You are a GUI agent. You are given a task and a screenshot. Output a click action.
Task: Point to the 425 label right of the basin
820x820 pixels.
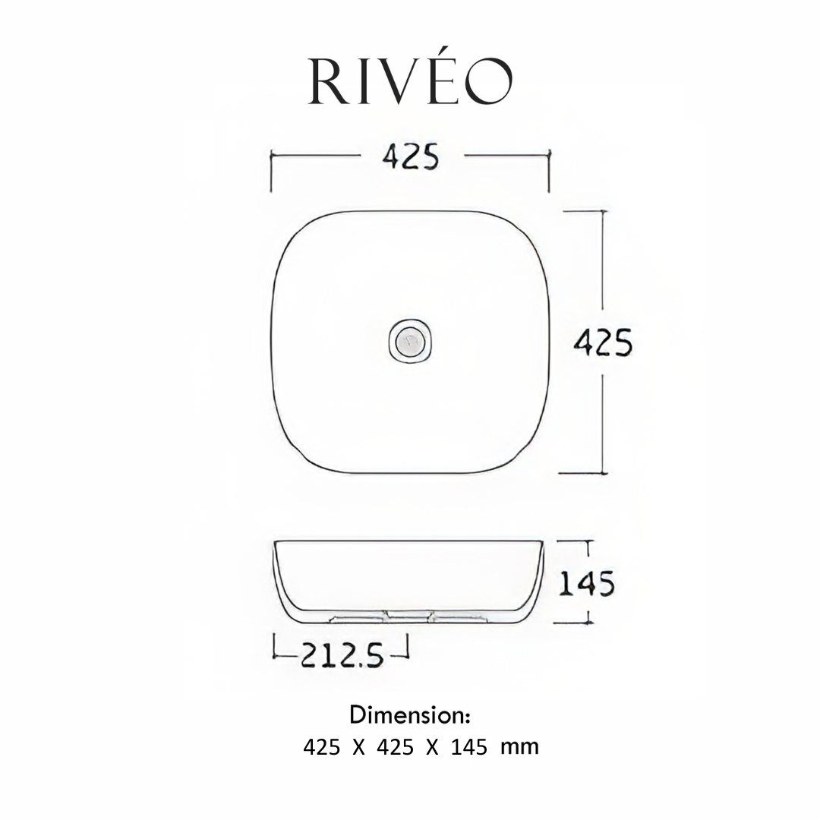point(603,343)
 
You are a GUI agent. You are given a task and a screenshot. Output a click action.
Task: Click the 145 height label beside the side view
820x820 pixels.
point(587,584)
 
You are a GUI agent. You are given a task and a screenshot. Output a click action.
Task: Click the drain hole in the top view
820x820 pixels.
point(410,342)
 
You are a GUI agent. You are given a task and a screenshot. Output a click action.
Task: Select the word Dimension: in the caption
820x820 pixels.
point(411,715)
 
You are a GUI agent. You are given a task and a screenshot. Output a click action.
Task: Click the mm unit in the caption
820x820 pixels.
point(519,747)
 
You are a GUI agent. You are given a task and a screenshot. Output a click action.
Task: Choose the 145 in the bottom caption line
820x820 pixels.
point(469,747)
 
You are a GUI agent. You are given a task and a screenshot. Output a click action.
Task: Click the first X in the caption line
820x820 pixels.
point(358,747)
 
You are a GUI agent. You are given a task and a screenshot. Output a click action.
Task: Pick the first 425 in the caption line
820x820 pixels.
point(322,747)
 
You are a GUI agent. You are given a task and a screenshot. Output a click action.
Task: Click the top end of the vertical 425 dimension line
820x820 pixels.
point(603,211)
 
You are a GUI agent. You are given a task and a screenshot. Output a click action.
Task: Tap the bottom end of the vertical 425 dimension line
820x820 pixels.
point(603,473)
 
